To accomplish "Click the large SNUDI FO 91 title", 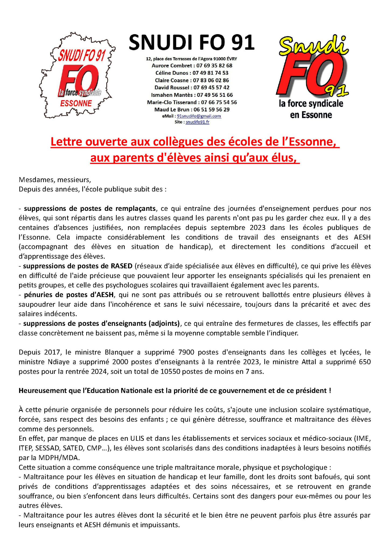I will pos(191,43).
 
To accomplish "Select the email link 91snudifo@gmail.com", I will pos(199,116).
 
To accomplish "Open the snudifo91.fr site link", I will pos(197,122).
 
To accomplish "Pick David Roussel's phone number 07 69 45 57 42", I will pos(211,87).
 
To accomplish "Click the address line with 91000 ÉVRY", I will pos(191,59).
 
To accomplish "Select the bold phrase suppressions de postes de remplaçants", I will pos(90,209).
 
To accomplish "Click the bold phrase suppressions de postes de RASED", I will pos(78,266).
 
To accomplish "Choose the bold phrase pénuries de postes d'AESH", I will pos(69,295).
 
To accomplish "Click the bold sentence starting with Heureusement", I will pos(175,391).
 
